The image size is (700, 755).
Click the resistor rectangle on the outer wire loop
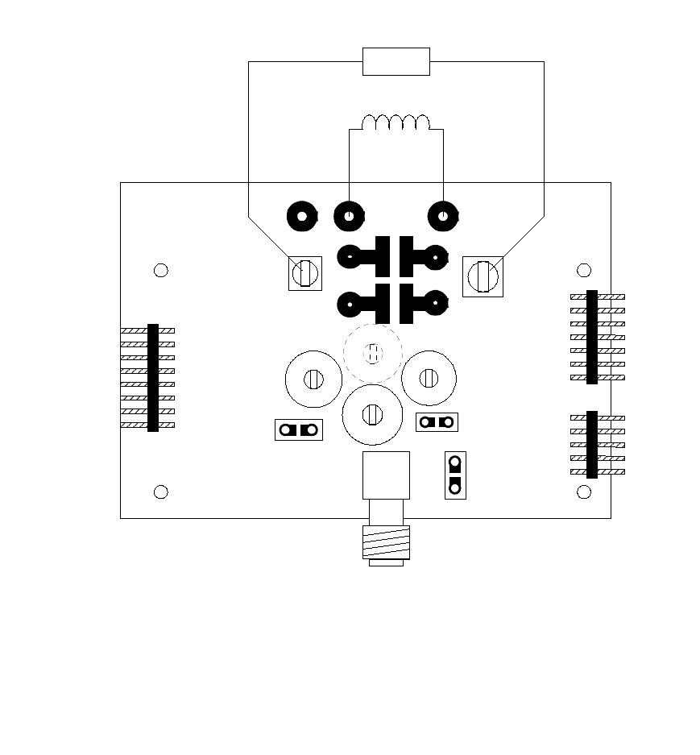point(396,61)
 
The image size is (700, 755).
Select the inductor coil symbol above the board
point(396,122)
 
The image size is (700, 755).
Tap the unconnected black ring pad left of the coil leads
point(302,216)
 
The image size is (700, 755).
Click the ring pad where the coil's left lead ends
point(349,216)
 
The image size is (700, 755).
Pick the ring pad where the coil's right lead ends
point(443,216)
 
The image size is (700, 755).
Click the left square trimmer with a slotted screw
point(305,273)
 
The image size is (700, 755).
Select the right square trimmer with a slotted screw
point(483,276)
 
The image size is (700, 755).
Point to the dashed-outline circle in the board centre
point(372,352)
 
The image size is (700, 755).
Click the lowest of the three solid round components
point(372,414)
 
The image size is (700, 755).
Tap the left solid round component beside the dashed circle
point(313,379)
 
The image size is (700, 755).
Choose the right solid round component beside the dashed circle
point(429,377)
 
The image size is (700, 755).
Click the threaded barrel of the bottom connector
point(386,541)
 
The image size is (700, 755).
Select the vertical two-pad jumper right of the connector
point(455,475)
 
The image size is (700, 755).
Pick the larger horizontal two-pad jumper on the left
point(299,429)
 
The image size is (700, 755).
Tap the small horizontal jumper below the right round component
point(437,421)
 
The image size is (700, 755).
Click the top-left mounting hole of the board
point(161,270)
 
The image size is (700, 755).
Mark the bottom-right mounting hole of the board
point(585,492)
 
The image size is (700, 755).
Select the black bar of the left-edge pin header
point(153,377)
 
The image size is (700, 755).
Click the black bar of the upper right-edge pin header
point(592,337)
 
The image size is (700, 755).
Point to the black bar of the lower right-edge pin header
point(592,444)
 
